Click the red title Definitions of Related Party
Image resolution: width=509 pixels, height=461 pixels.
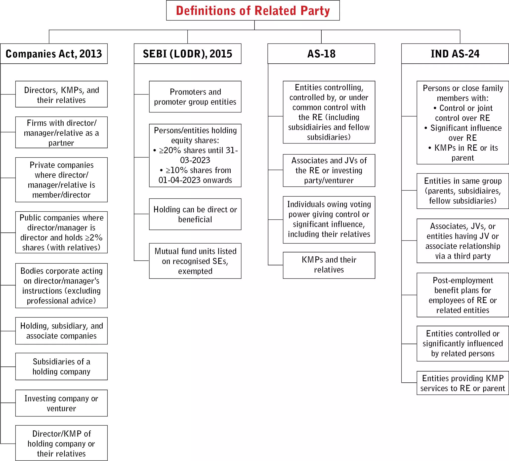point(253,11)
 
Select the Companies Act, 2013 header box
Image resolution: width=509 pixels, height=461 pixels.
point(54,53)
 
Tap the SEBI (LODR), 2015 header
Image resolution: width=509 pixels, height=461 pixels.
point(187,53)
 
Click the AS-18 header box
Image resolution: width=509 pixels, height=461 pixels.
point(321,53)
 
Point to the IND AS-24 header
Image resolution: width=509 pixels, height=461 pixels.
point(455,53)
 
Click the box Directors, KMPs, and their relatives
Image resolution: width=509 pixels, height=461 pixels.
point(61,94)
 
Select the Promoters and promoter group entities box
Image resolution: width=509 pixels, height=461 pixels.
point(195,96)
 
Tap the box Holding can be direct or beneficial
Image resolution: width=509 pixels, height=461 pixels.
point(195,214)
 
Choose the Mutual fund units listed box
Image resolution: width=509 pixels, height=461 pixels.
point(195,261)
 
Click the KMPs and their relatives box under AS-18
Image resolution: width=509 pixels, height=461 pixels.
point(329,265)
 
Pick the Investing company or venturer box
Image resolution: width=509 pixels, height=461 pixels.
point(61,403)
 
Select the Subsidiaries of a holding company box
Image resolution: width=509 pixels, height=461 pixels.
point(61,366)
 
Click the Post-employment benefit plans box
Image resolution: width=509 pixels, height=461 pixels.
point(463,295)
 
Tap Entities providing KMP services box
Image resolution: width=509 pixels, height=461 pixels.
point(463,383)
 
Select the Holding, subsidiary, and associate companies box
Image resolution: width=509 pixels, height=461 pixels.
point(61,331)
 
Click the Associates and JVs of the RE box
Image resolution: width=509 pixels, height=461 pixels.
point(329,170)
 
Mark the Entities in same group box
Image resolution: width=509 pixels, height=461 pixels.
point(463,191)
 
